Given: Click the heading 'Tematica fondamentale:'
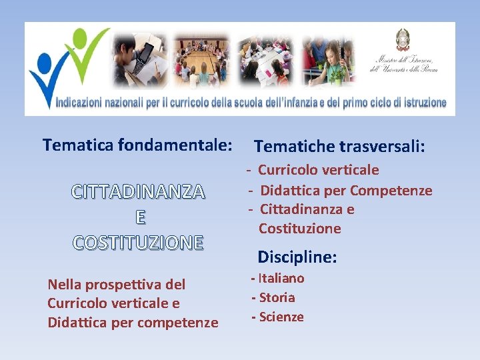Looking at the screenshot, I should [x=137, y=145].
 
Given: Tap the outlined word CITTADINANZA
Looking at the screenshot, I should [x=138, y=192].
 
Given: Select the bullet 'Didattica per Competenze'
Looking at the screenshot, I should [x=345, y=191].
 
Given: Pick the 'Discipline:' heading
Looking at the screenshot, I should [x=297, y=257].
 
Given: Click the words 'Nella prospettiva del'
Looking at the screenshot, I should [x=117, y=285].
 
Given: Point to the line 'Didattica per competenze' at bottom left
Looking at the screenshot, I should [x=133, y=323].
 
